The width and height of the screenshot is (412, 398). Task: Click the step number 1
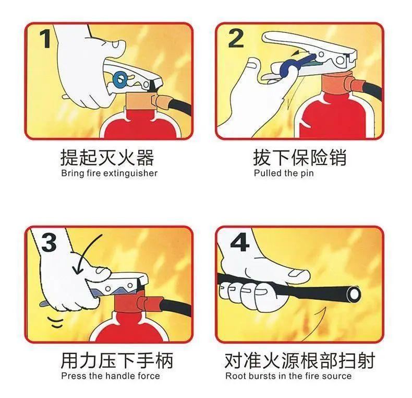pyautogui.click(x=45, y=39)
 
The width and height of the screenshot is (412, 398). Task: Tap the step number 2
pyautogui.click(x=236, y=39)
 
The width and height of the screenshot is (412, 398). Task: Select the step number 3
pyautogui.click(x=49, y=242)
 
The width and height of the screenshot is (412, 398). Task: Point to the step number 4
pyautogui.click(x=239, y=242)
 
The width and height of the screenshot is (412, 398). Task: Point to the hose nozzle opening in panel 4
pyautogui.click(x=355, y=294)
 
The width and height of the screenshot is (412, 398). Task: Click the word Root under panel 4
pyautogui.click(x=235, y=376)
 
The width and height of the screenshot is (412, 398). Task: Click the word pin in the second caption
pyautogui.click(x=307, y=174)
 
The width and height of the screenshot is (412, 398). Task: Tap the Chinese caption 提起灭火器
pyautogui.click(x=107, y=158)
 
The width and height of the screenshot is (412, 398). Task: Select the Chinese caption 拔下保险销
pyautogui.click(x=300, y=158)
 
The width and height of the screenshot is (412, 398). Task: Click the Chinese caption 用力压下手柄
pyautogui.click(x=117, y=360)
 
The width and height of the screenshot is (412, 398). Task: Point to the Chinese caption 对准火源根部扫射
pyautogui.click(x=300, y=360)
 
